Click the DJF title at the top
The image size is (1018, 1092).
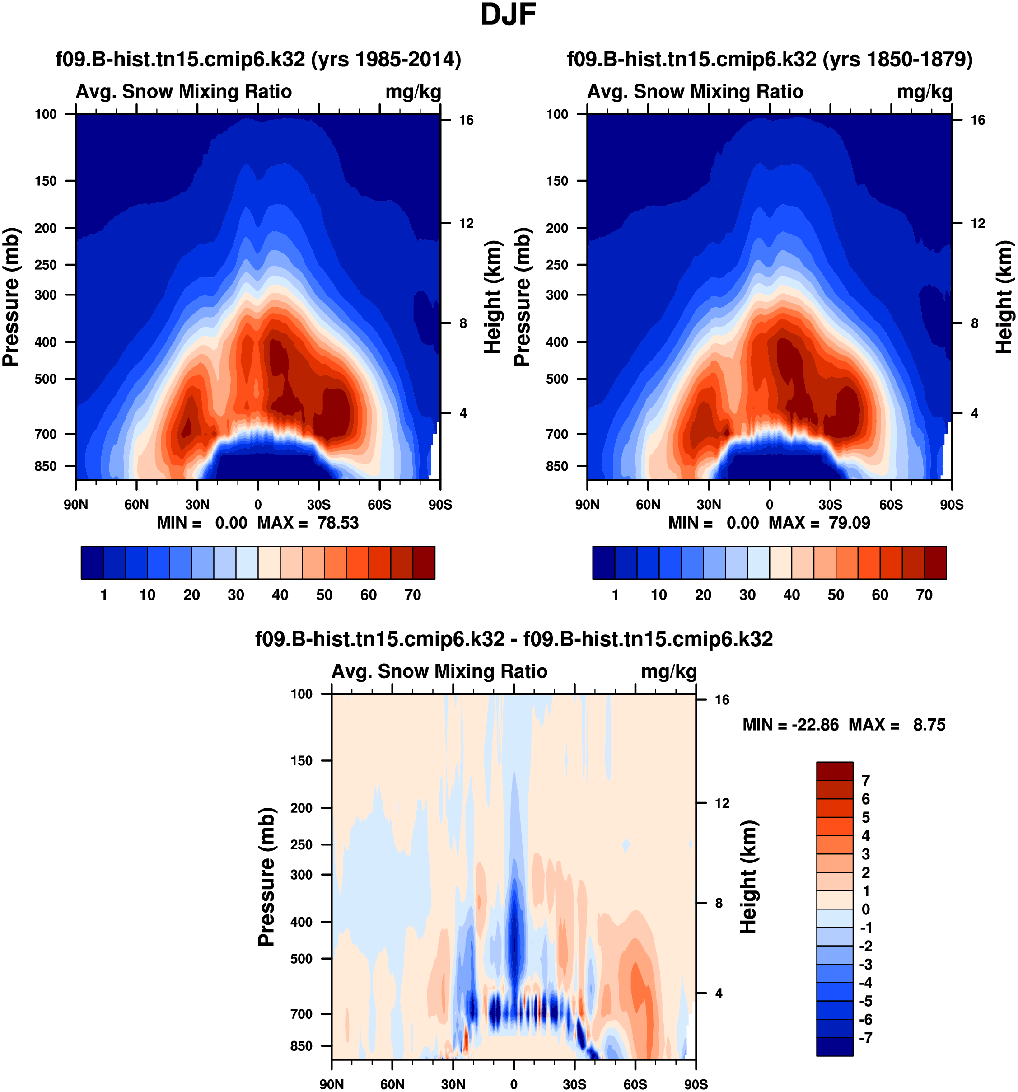[x=508, y=15]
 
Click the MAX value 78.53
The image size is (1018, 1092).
[x=338, y=522]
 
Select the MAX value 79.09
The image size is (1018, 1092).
[x=850, y=522]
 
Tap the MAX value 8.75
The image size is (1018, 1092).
[x=929, y=725]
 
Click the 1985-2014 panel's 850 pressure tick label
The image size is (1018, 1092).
[x=46, y=466]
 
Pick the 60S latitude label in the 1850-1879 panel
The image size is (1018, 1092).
[x=891, y=504]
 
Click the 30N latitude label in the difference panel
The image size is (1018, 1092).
[x=453, y=1084]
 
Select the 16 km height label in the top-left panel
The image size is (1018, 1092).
[x=466, y=120]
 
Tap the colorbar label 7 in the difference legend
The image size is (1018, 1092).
[x=865, y=781]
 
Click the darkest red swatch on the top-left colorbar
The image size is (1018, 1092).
[x=424, y=562]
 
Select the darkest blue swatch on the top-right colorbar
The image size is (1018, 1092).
[x=603, y=562]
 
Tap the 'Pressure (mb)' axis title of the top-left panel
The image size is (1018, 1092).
[x=11, y=297]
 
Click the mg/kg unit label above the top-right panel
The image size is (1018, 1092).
[x=925, y=91]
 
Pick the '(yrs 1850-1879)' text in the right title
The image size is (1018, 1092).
[x=897, y=59]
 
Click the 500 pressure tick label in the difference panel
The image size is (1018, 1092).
[x=301, y=959]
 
